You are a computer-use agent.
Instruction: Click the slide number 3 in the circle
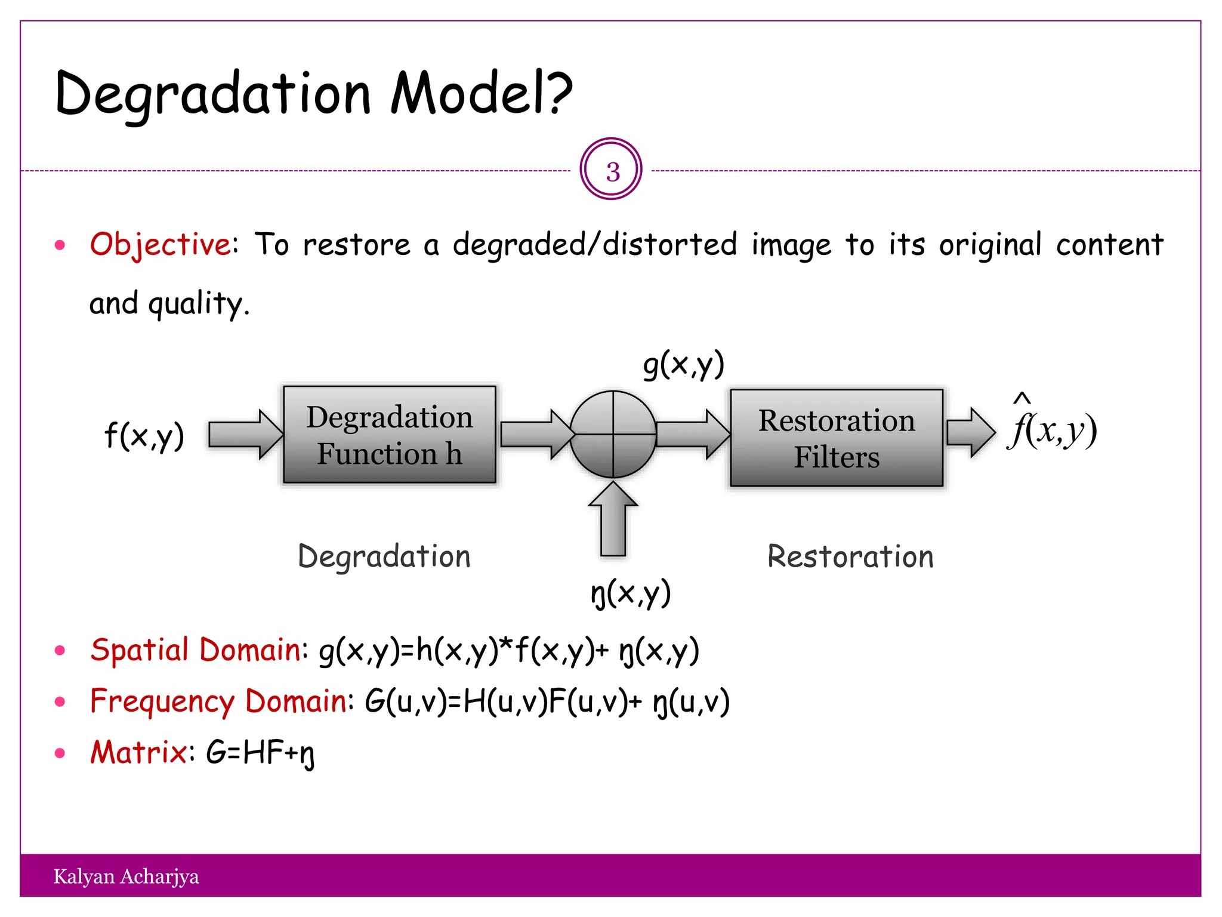(612, 172)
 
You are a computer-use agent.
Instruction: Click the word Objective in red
(160, 244)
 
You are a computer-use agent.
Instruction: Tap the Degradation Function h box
(389, 435)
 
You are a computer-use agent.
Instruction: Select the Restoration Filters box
(836, 438)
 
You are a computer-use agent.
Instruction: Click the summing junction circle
(613, 435)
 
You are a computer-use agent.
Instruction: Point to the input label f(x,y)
(144, 435)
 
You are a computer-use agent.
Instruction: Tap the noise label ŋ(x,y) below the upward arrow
(631, 593)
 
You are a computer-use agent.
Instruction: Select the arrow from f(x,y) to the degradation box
(245, 434)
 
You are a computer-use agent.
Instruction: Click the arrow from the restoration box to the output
(970, 432)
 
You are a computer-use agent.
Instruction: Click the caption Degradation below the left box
(384, 556)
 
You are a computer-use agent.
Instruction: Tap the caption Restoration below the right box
(850, 556)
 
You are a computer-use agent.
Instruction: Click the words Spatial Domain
(196, 650)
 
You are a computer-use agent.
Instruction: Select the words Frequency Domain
(218, 701)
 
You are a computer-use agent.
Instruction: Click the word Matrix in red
(138, 752)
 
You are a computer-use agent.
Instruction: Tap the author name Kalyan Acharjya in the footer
(126, 876)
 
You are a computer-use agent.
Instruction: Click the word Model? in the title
(481, 94)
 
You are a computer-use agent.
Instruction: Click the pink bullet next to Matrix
(60, 753)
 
